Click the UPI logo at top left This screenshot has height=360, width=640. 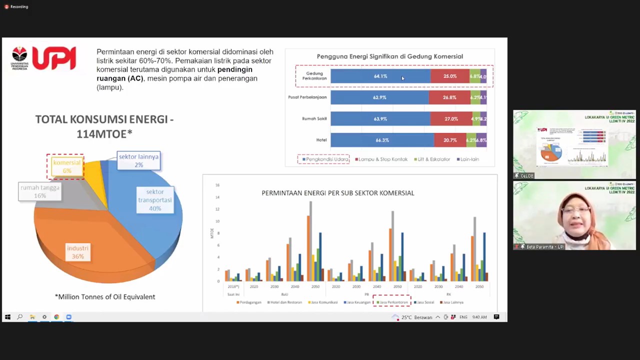coord(43,58)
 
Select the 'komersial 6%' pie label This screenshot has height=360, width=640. coord(66,166)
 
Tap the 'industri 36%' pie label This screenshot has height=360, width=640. coord(77,252)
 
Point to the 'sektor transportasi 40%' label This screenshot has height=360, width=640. coord(155,200)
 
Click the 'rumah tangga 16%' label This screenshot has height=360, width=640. coord(40,191)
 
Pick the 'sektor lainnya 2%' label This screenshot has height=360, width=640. coord(138,160)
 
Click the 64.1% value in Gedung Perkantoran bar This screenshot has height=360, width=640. coord(380,76)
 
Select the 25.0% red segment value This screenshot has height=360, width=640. coord(450,76)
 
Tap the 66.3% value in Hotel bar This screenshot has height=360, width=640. coord(382,140)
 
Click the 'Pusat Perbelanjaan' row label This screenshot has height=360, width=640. coord(307,97)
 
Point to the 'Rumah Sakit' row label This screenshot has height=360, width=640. coord(314,119)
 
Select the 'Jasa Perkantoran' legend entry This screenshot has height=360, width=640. coord(392,302)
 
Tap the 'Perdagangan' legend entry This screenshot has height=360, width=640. coord(248,302)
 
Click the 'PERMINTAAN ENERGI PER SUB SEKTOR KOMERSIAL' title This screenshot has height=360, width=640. coord(337,193)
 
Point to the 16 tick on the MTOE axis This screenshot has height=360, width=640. coord(217,185)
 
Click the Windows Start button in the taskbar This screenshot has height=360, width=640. coord(7,317)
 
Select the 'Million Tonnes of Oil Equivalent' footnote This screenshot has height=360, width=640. coord(105,297)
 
